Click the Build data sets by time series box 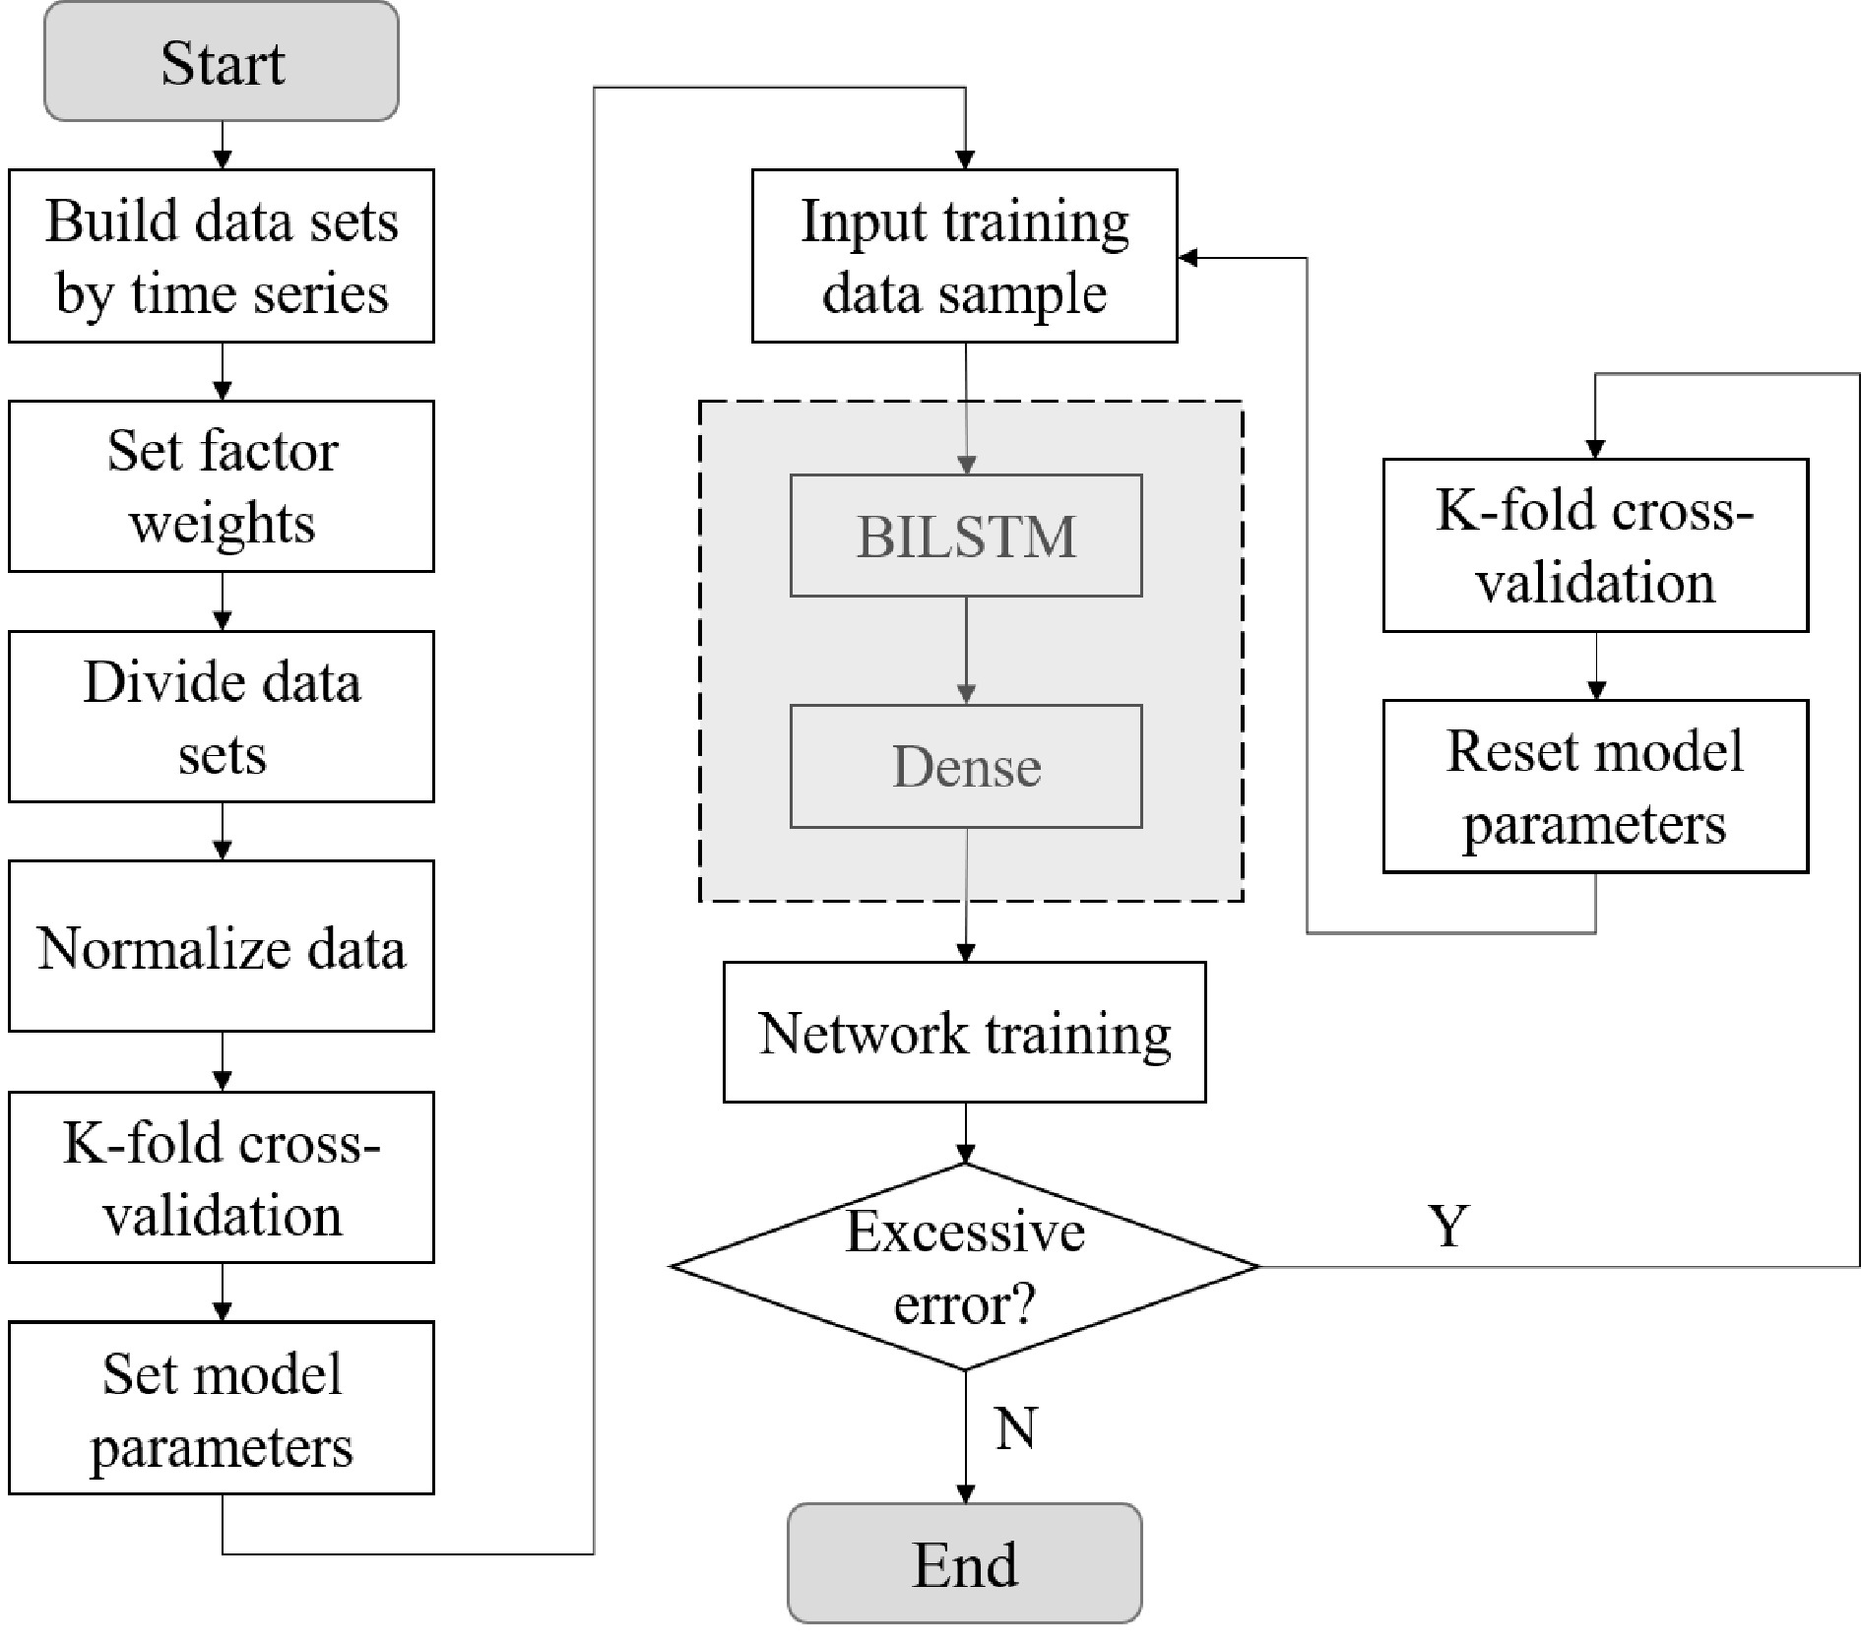[222, 256]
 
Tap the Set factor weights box [222, 486]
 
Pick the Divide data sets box [222, 717]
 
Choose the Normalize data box [222, 947]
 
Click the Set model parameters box [222, 1408]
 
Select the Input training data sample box [964, 256]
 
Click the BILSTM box [966, 536]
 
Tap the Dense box [966, 766]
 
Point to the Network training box [964, 1032]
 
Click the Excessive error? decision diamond [964, 1267]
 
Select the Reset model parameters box [1595, 787]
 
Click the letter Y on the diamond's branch [1448, 1227]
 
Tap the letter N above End [1015, 1427]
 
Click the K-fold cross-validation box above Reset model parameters [1595, 545]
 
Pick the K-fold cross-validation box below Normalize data [222, 1177]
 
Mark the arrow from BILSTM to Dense [966, 651]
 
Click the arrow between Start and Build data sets [223, 145]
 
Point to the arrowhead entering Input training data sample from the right [1188, 258]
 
